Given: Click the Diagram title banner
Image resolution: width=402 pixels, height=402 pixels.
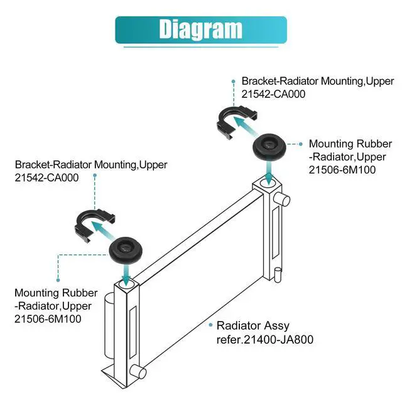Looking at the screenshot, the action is coord(200,30).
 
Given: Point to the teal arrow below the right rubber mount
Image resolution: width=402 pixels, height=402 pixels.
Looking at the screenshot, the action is coord(269,171).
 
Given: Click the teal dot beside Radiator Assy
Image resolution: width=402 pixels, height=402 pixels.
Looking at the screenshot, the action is coord(210,325).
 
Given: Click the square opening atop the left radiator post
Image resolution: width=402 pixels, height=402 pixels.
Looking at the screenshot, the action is coord(124,289).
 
